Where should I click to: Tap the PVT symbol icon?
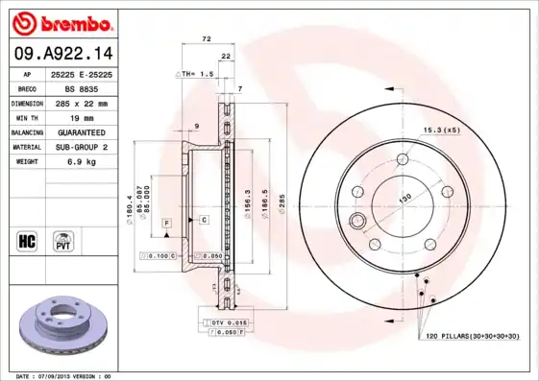click(x=62, y=240)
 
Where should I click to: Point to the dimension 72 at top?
click(x=206, y=38)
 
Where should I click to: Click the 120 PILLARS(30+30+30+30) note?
click(x=472, y=336)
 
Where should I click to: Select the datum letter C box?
click(x=205, y=220)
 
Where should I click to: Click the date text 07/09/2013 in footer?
click(x=63, y=375)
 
